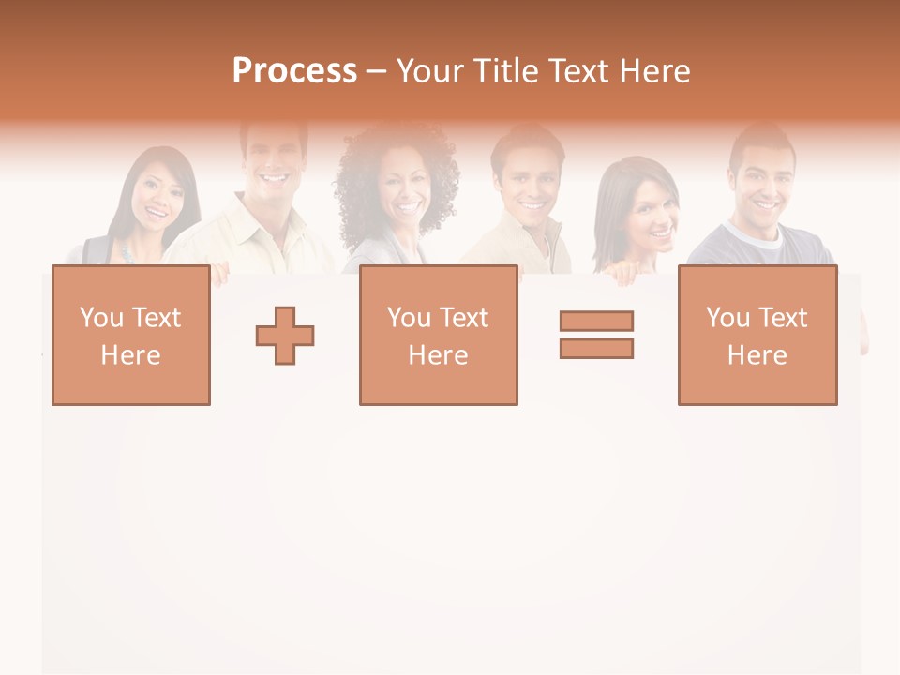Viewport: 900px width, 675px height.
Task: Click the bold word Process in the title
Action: click(x=294, y=71)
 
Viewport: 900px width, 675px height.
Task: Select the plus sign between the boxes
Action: click(x=285, y=336)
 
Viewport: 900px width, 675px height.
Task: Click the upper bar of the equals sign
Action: click(x=596, y=322)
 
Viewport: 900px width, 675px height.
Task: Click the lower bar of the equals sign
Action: click(x=596, y=348)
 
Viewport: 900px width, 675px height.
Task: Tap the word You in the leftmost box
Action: click(x=100, y=318)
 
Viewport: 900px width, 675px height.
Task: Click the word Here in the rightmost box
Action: click(x=757, y=355)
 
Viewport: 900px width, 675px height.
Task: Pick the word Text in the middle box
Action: click(x=463, y=318)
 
